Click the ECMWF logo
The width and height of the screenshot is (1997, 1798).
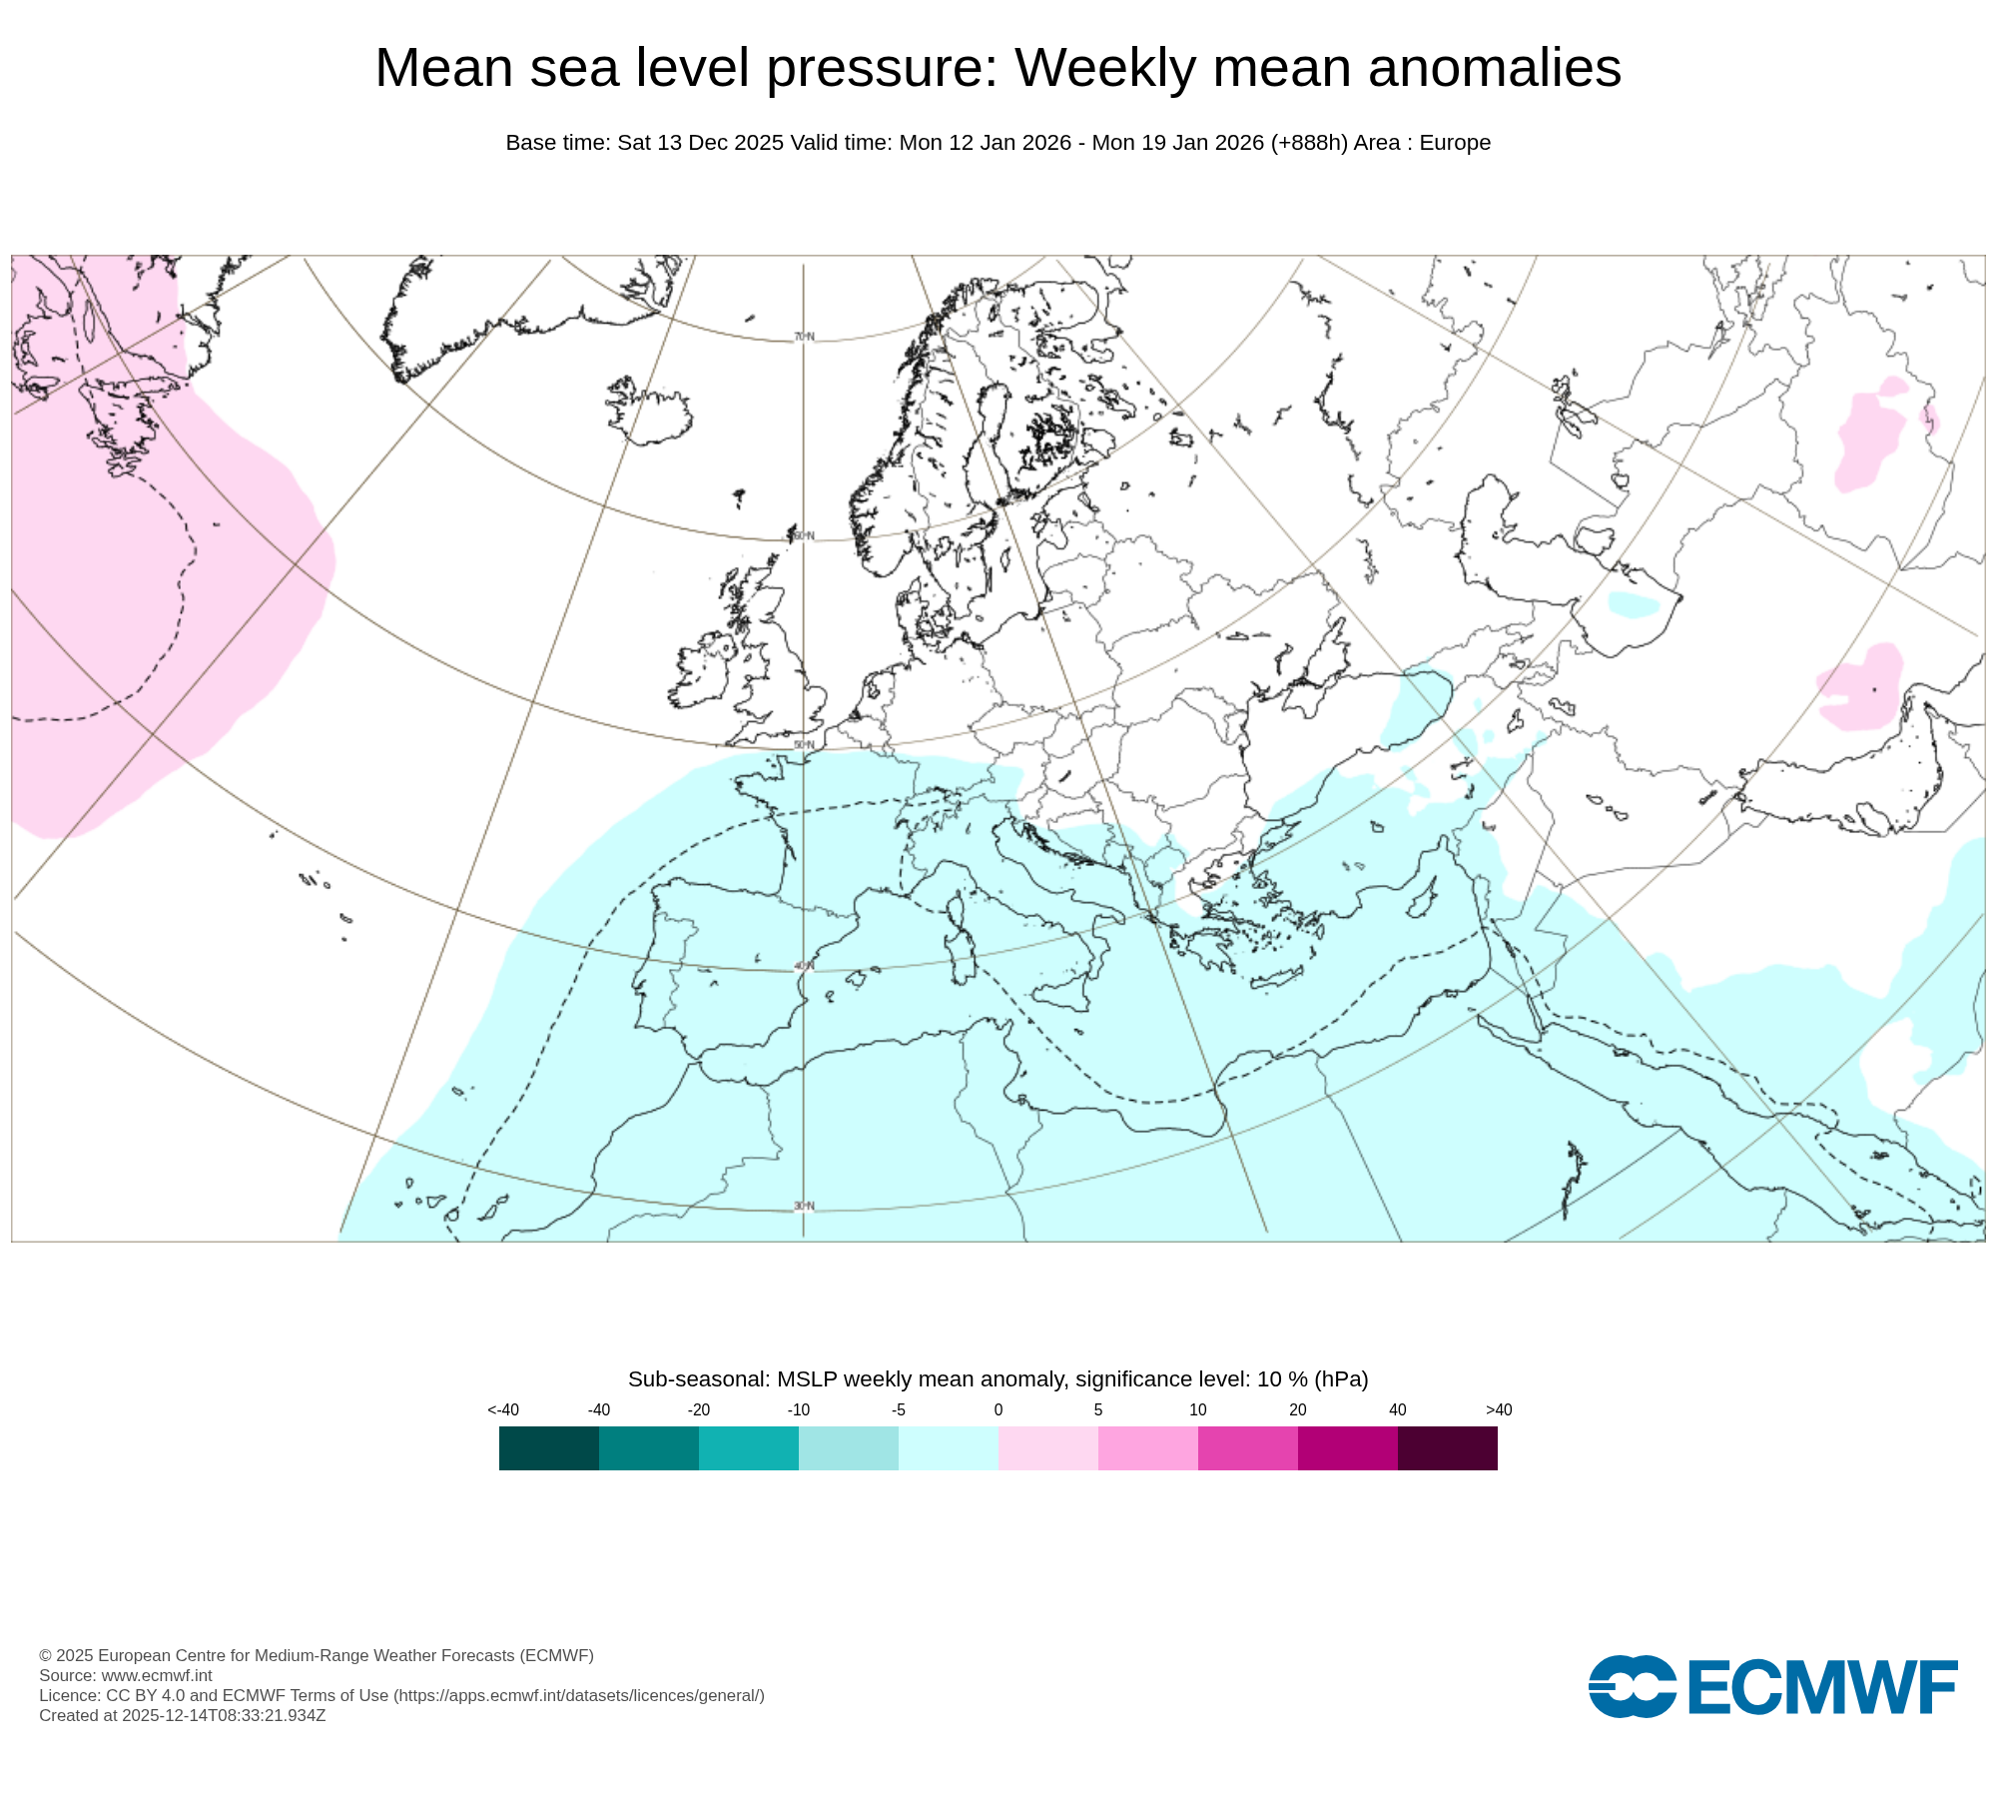coord(1772,1687)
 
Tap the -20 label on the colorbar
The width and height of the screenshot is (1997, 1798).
coord(699,1409)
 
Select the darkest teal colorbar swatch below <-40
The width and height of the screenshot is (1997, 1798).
coord(549,1448)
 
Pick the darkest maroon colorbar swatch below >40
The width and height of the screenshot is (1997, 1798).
coord(1448,1448)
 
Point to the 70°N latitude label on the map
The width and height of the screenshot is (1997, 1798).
coord(804,337)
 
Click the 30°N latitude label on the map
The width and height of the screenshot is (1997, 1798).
coord(804,1206)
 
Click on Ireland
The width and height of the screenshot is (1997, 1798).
coord(704,669)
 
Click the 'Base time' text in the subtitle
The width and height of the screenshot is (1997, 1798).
coord(558,143)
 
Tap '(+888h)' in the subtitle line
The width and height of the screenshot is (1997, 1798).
coord(1309,143)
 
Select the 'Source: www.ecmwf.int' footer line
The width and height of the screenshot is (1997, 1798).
coord(126,1675)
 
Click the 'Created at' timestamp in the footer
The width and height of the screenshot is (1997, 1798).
coord(183,1715)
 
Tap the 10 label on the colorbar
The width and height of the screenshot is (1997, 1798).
coord(1198,1409)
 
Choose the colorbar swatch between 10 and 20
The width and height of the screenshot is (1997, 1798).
coord(1248,1448)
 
